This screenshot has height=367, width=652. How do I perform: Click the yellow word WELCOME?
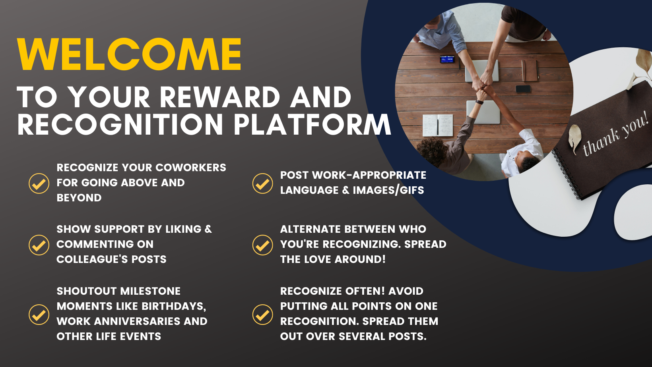tap(129, 54)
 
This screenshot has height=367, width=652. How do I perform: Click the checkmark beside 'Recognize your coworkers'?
tap(39, 183)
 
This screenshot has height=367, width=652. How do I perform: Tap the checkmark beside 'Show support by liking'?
tap(39, 245)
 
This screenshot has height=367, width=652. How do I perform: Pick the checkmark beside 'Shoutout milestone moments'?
tap(39, 315)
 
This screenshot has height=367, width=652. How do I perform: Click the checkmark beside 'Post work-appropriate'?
tap(262, 183)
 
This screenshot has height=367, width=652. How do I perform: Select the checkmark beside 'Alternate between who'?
tap(262, 245)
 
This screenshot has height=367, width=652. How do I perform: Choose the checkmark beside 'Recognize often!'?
tap(262, 315)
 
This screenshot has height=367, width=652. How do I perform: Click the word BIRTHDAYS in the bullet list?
tap(174, 307)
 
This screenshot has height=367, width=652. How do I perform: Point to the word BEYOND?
tap(79, 198)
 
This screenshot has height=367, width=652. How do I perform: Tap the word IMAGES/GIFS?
tap(388, 190)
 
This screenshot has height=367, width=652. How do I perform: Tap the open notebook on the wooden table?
tap(438, 126)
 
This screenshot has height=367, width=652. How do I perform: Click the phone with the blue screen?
tap(447, 59)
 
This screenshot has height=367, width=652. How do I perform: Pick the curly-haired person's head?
tap(432, 151)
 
